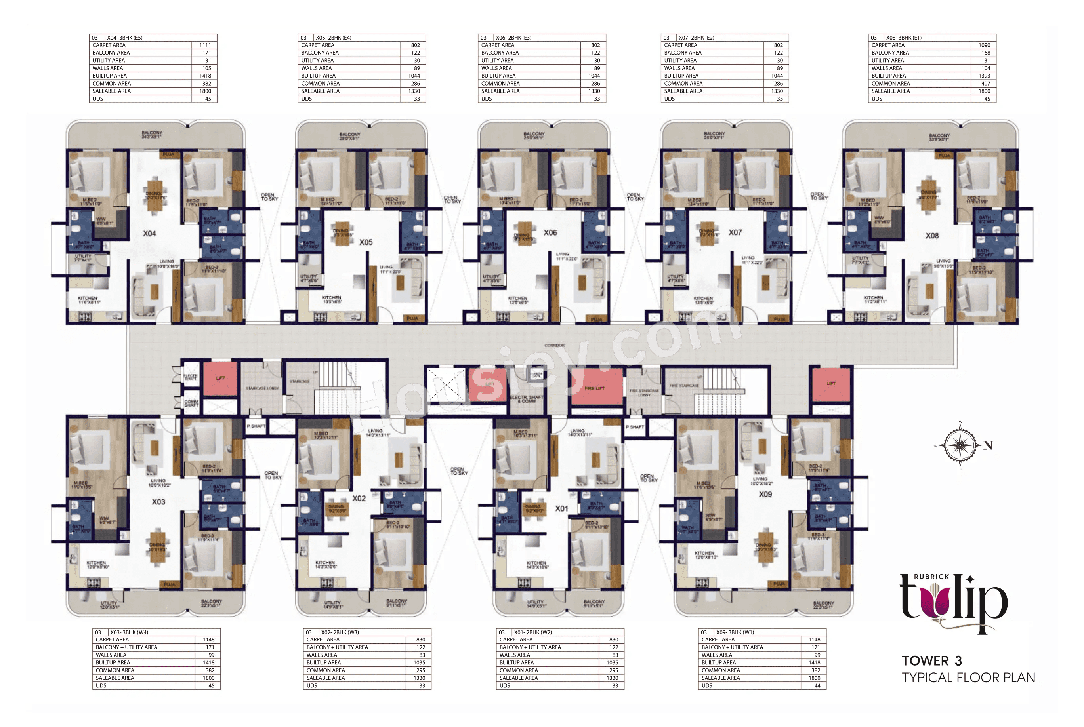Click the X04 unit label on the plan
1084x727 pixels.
[149, 234]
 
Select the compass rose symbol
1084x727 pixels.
[960, 445]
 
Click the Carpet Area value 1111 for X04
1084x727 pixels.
[205, 46]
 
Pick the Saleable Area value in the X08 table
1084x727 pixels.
[984, 91]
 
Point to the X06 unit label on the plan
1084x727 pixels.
[550, 233]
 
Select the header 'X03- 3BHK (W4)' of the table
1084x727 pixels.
[129, 632]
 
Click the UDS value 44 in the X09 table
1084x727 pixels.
[817, 686]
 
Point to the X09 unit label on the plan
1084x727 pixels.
[765, 494]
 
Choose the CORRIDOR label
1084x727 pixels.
[554, 345]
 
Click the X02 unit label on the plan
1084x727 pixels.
[359, 499]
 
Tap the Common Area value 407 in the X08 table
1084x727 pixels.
[985, 84]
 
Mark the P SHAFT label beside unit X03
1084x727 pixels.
[256, 426]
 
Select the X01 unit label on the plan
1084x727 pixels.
[562, 508]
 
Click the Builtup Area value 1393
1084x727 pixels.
[984, 76]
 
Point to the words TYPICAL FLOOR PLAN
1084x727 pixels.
[968, 678]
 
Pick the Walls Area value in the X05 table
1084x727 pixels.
[416, 68]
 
